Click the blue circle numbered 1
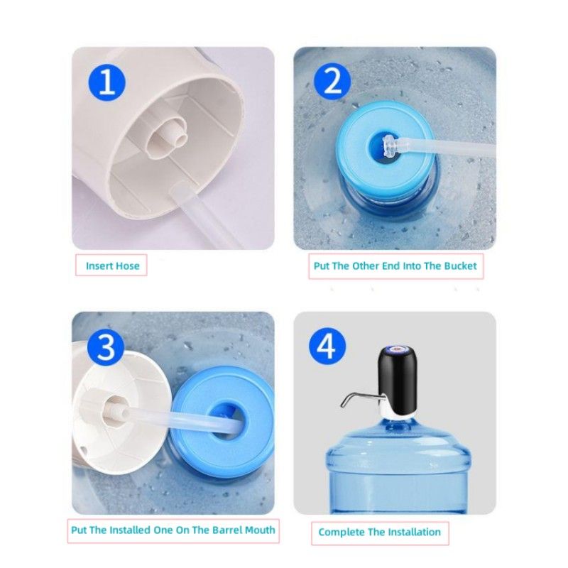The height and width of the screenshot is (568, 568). [x=107, y=83]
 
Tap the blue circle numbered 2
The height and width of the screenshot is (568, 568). [x=332, y=83]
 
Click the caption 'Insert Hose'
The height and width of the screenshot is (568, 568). [x=113, y=266]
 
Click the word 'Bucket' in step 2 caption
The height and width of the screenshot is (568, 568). [x=459, y=266]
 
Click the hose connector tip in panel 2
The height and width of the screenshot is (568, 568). [x=389, y=148]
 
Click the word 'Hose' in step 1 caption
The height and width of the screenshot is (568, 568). [x=128, y=266]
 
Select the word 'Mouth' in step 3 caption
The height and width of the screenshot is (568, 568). [x=257, y=530]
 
